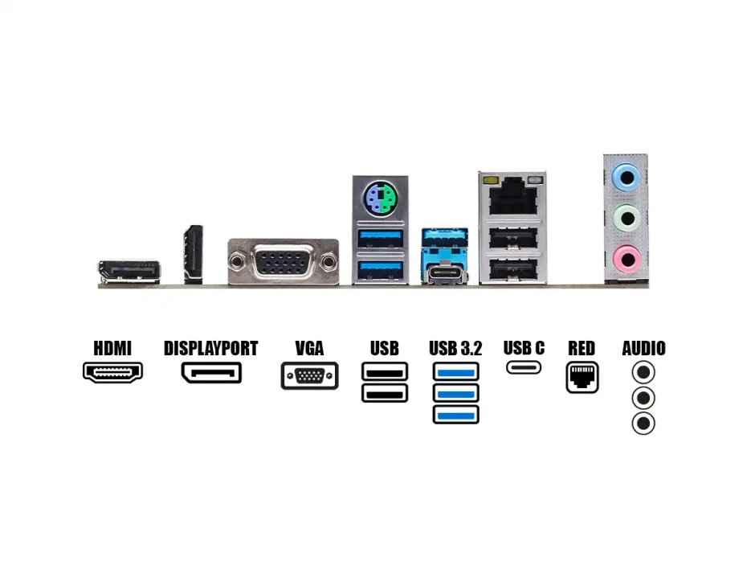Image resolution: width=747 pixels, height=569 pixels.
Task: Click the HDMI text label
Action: [112, 349]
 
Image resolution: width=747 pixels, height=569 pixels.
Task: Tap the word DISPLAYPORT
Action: [210, 349]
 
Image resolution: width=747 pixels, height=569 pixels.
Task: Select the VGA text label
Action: [309, 349]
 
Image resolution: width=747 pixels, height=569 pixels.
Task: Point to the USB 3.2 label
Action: [455, 349]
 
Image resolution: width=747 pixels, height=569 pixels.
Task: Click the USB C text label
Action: [524, 348]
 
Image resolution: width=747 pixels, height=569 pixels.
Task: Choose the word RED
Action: [582, 349]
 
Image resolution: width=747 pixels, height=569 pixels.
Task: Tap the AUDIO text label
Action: [643, 349]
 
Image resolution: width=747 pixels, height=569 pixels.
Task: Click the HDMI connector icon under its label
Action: [112, 372]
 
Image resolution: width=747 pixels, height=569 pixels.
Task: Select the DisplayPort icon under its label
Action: [211, 373]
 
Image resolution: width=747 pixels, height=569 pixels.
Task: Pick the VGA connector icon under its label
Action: [309, 376]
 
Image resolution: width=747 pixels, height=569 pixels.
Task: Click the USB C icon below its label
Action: [524, 368]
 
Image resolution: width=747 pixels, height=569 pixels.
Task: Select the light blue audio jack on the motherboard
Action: [626, 175]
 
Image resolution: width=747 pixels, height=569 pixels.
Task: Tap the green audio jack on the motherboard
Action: [626, 216]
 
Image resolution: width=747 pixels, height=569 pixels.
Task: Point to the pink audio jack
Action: [626, 258]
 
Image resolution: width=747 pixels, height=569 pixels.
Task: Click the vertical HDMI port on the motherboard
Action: [193, 254]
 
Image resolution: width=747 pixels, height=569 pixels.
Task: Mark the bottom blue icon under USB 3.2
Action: [455, 415]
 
